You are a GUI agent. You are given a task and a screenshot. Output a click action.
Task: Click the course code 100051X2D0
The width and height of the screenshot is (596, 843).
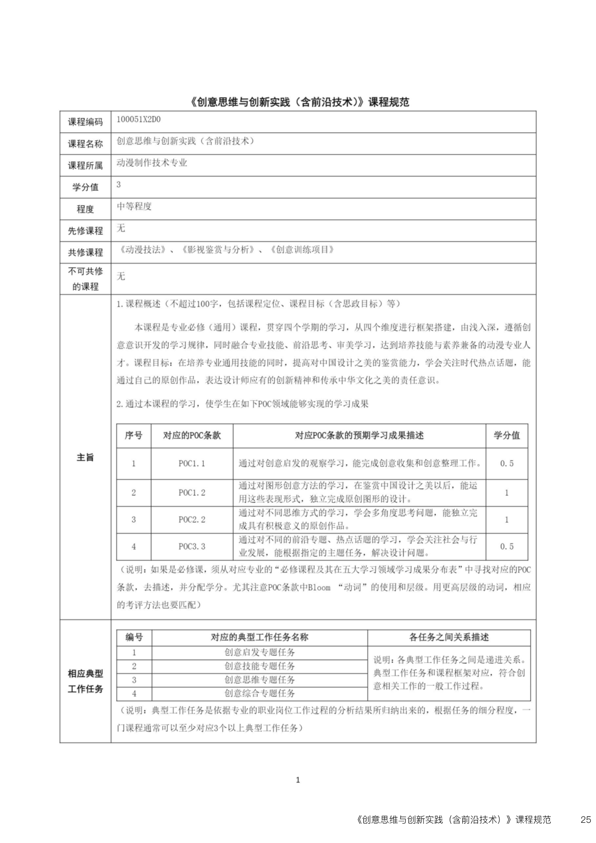pyautogui.click(x=138, y=119)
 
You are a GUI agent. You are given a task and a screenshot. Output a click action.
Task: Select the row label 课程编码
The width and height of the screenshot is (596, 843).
pyautogui.click(x=85, y=122)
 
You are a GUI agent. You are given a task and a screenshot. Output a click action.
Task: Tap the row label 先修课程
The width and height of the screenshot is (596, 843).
pyautogui.click(x=85, y=231)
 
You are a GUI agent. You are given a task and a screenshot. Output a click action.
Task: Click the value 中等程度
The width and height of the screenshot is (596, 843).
pyautogui.click(x=134, y=206)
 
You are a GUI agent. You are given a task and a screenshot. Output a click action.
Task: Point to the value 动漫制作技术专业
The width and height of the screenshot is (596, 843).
pyautogui.click(x=152, y=163)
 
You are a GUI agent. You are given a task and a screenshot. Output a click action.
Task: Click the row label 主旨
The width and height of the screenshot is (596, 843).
pyautogui.click(x=85, y=457)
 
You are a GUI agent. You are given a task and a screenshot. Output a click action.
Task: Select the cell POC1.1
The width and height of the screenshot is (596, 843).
pyautogui.click(x=192, y=464)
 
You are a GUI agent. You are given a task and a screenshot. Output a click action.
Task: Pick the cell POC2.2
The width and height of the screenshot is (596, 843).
pyautogui.click(x=192, y=519)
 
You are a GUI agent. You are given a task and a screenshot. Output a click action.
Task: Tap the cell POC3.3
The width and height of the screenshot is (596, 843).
pyautogui.click(x=192, y=546)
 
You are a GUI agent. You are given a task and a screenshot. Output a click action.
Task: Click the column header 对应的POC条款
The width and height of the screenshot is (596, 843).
pyautogui.click(x=192, y=436)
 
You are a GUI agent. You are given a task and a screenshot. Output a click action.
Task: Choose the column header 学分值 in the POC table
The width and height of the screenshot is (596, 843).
pyautogui.click(x=507, y=436)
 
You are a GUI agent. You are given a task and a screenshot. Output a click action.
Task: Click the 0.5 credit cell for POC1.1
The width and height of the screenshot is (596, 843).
pyautogui.click(x=507, y=464)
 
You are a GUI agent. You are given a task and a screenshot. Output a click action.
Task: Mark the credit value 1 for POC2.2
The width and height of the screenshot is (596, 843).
pyautogui.click(x=507, y=519)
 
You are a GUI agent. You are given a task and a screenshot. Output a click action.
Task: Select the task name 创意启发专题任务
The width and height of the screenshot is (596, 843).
pyautogui.click(x=260, y=653)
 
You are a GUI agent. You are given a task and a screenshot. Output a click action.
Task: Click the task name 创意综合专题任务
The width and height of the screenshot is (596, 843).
pyautogui.click(x=260, y=693)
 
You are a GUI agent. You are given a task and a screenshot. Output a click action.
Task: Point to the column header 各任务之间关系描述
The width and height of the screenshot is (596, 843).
pyautogui.click(x=449, y=637)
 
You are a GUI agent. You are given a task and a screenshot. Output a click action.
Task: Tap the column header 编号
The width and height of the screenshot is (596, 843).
pyautogui.click(x=134, y=637)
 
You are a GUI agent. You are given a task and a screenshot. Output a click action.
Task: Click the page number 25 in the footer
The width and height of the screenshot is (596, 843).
pyautogui.click(x=585, y=819)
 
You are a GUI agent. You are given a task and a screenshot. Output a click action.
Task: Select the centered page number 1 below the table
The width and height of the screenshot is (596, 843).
pyautogui.click(x=298, y=780)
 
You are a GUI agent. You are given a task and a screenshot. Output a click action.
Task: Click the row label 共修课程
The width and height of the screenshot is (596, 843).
pyautogui.click(x=85, y=252)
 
